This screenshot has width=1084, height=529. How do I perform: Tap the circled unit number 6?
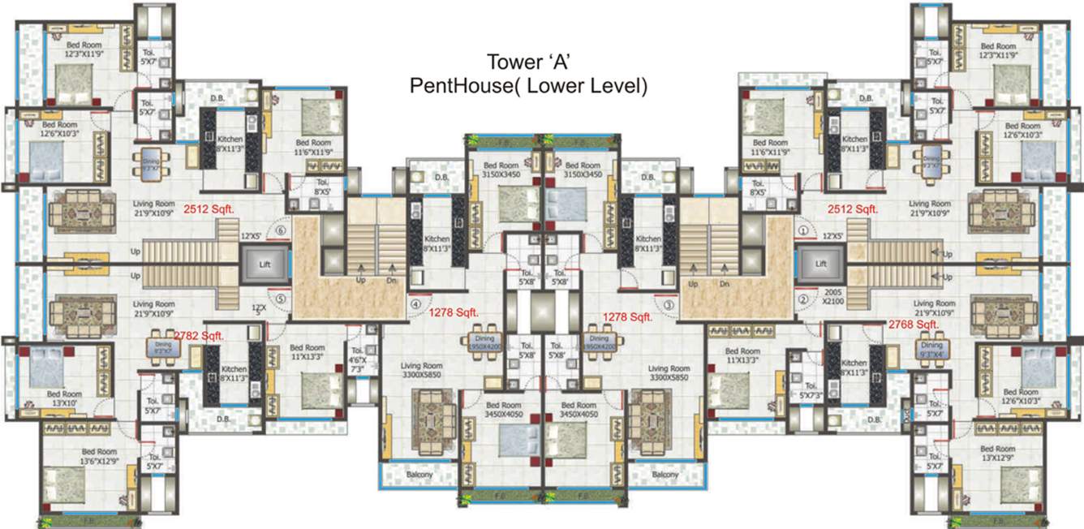(x=281, y=230)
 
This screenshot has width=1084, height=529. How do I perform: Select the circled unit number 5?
(x=281, y=298)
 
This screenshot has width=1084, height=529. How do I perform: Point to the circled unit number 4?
(x=416, y=305)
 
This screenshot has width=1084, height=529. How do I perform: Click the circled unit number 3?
(x=669, y=305)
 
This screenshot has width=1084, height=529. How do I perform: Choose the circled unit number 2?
(x=802, y=299)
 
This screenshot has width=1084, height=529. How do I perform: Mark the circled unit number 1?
(x=802, y=230)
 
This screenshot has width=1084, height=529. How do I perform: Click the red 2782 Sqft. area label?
(x=199, y=334)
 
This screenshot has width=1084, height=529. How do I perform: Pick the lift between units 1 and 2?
(x=820, y=264)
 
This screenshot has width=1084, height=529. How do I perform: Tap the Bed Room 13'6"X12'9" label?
(x=100, y=457)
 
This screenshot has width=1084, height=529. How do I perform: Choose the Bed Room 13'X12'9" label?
(x=997, y=454)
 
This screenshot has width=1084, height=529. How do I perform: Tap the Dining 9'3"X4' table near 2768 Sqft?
(x=929, y=349)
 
